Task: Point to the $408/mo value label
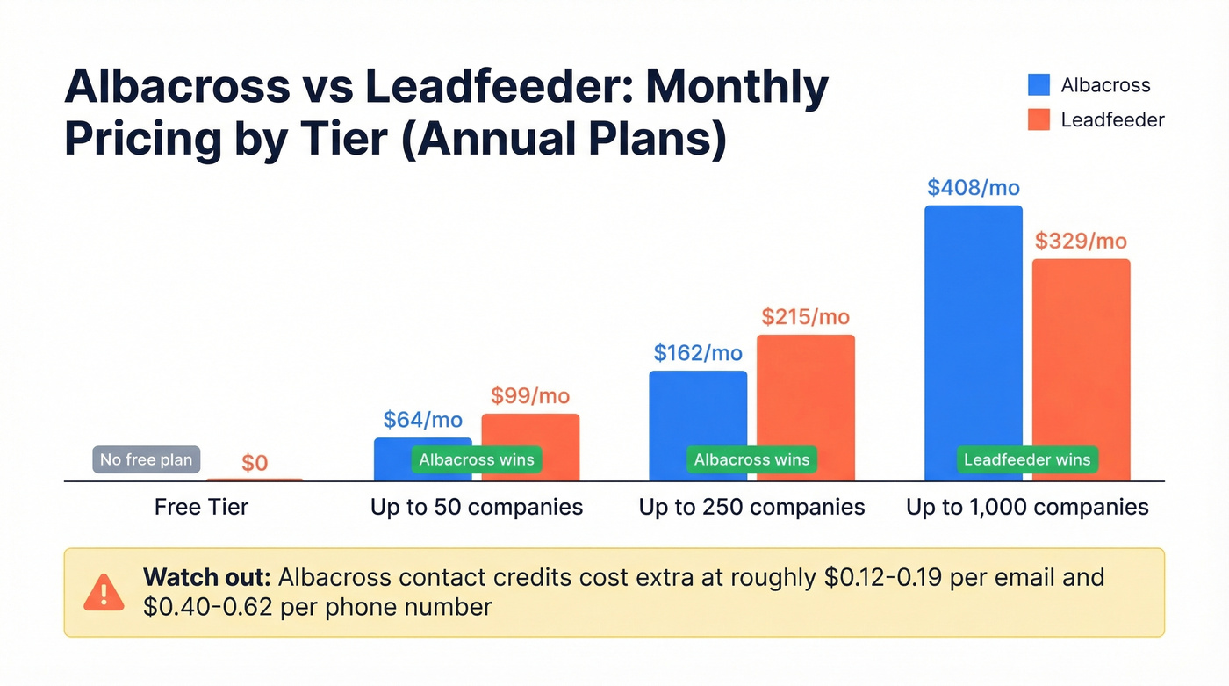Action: [x=973, y=187]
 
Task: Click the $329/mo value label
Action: [x=1081, y=241]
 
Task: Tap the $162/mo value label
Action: [x=698, y=353]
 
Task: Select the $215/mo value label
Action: [x=806, y=317]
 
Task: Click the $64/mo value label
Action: [x=423, y=420]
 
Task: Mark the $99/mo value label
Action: [x=530, y=396]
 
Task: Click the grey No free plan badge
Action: [x=147, y=459]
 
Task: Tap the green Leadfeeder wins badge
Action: [x=1027, y=459]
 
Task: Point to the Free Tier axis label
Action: [x=201, y=507]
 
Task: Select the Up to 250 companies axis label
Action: [x=751, y=507]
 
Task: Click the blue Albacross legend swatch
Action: [x=1039, y=84]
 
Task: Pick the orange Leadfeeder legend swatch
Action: [x=1039, y=119]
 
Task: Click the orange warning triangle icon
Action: [x=104, y=592]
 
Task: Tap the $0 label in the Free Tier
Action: [x=255, y=463]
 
